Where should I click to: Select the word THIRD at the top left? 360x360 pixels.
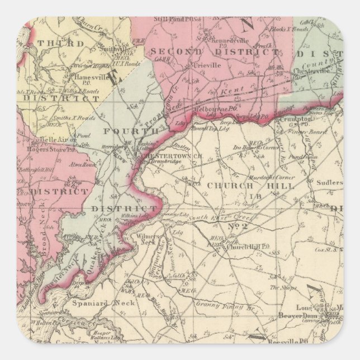click(x=53, y=42)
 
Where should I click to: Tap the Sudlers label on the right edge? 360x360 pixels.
click(x=328, y=182)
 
